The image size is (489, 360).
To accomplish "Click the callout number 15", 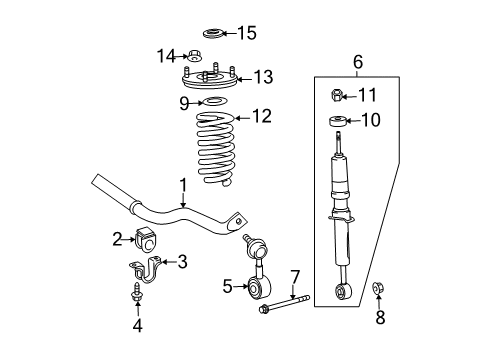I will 246,33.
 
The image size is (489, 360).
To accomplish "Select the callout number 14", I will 166,55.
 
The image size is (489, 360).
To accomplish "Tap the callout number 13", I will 263,77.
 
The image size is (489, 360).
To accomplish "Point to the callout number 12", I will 262,117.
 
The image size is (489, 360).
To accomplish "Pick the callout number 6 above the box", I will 357,62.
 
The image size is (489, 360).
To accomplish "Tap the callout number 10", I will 370,121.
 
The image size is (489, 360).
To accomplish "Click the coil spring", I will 212,150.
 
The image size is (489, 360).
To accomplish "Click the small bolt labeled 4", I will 136,294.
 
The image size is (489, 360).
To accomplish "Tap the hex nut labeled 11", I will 338,97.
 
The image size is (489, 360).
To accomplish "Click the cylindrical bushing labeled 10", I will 338,124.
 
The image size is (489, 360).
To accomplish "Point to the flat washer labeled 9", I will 212,101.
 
